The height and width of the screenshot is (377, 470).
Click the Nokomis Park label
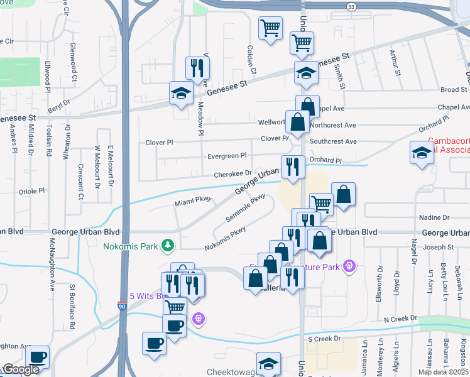click(132, 245)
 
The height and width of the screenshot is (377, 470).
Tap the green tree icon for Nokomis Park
click(168, 244)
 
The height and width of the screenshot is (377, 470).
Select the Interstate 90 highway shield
click(123, 307)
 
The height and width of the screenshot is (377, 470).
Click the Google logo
click(20, 369)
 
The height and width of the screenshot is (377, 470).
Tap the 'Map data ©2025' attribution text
click(441, 372)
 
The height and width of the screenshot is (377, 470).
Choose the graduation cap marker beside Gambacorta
click(422, 153)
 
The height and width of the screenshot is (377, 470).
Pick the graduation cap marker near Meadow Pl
click(181, 94)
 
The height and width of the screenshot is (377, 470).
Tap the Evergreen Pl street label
click(227, 156)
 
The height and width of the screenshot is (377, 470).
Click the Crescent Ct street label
click(80, 182)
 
